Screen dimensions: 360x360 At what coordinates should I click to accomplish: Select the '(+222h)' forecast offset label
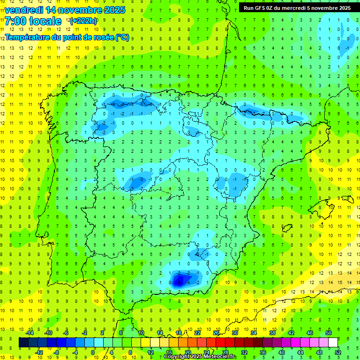(83, 21)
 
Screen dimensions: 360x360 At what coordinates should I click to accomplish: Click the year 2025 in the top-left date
(113, 9)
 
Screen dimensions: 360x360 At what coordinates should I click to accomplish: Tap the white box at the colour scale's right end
(333, 343)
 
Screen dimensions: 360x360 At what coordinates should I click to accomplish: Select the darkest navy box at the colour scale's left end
(23, 343)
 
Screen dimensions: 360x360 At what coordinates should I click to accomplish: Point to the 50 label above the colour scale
(329, 333)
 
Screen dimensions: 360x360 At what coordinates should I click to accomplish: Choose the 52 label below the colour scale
(338, 352)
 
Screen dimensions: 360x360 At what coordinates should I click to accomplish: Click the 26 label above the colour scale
(216, 333)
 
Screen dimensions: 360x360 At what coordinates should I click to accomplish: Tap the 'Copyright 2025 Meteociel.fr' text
(200, 357)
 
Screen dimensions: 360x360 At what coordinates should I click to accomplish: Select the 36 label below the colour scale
(263, 352)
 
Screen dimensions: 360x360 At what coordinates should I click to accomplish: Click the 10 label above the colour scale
(141, 333)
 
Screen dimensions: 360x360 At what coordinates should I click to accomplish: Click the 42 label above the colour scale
(291, 333)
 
